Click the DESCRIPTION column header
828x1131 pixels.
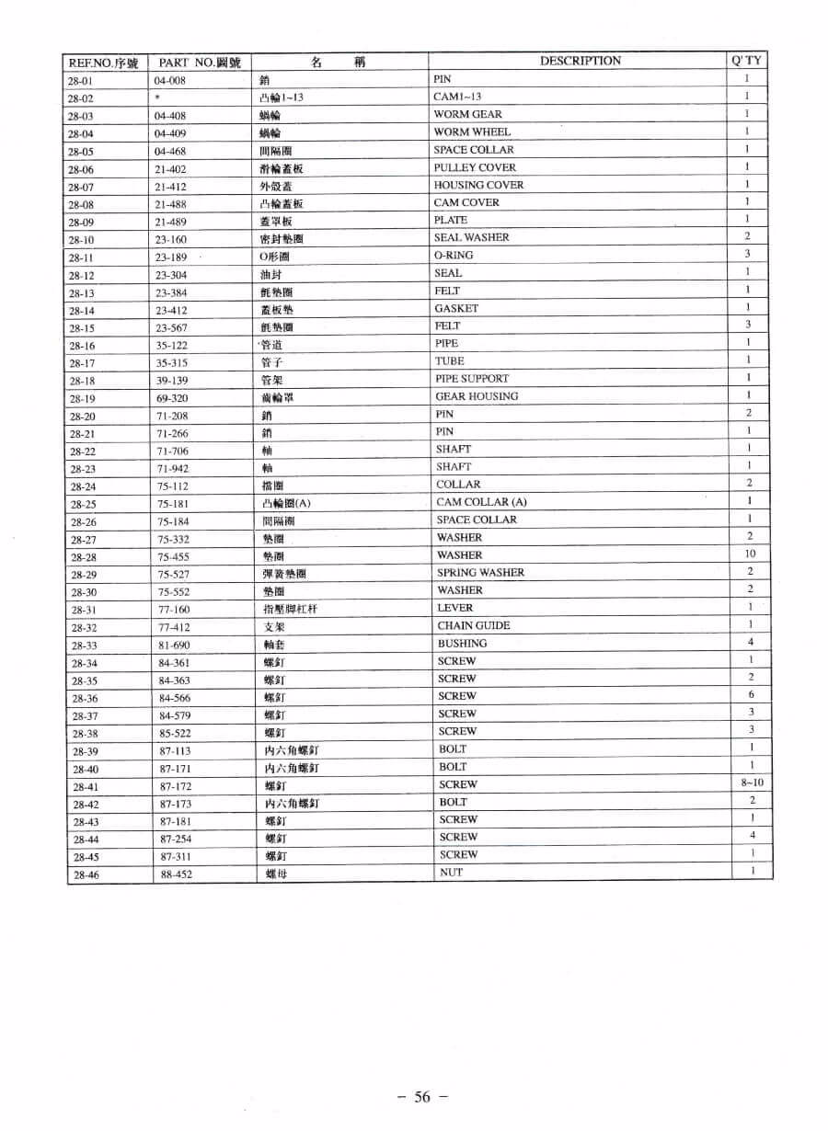tap(580, 61)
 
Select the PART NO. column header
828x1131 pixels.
tap(200, 63)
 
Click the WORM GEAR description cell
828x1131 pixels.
tap(467, 114)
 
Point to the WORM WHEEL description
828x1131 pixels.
tap(472, 131)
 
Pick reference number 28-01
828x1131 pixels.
tap(80, 81)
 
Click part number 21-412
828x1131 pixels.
tap(170, 187)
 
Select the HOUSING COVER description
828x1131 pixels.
tap(478, 185)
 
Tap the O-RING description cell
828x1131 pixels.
tap(454, 255)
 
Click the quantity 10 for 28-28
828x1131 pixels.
tap(750, 554)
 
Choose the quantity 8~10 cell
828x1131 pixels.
tap(752, 783)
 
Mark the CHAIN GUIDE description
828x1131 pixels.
tap(473, 625)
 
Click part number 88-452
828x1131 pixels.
tap(176, 874)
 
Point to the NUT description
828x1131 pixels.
tap(451, 872)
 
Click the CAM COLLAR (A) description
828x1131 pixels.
tap(481, 502)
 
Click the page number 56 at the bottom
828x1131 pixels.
tap(422, 1096)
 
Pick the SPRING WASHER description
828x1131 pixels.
tap(480, 572)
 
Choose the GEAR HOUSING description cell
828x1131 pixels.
tap(477, 396)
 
